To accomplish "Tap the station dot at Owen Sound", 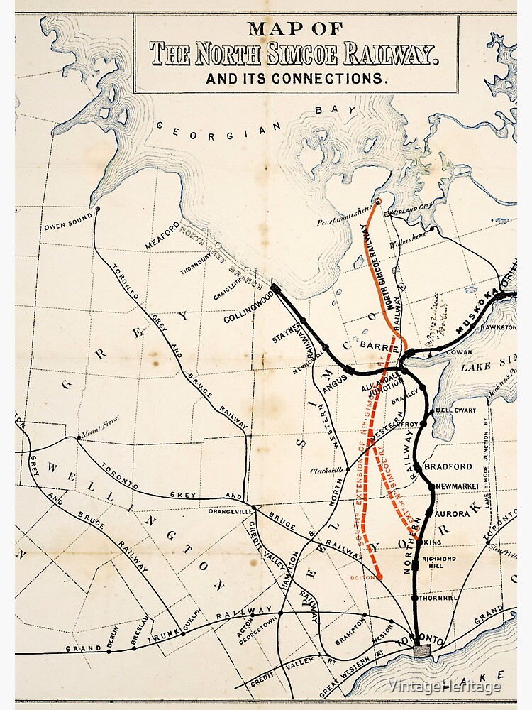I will coord(98,209).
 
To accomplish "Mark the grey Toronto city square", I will coord(423,650).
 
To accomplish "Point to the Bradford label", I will coord(448,466).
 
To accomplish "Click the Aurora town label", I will coord(453,513).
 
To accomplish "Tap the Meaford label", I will coord(162,236).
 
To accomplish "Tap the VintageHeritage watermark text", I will coord(445,686).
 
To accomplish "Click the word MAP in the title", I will coord(276,29).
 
